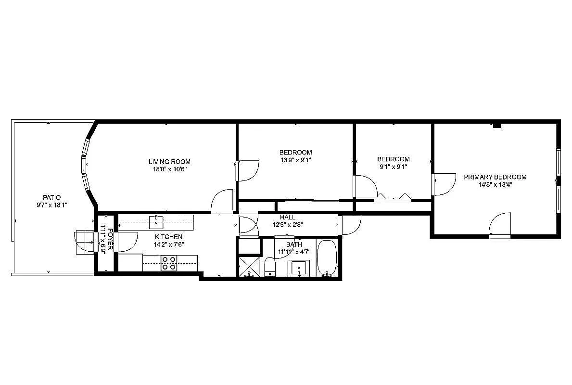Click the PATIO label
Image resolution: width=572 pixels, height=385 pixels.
point(51,197)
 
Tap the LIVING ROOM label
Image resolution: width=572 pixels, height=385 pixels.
point(169,162)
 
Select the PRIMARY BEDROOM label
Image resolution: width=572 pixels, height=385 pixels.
point(495,177)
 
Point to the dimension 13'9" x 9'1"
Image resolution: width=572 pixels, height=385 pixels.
point(296,160)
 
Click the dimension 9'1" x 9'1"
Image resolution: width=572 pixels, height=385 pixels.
point(393,167)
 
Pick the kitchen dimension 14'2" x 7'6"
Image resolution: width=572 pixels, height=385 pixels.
point(168,244)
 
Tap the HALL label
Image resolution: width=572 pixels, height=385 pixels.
point(288,217)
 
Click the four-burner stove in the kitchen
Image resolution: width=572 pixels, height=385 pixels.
point(168,263)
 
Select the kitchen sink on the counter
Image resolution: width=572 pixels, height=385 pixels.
point(156,222)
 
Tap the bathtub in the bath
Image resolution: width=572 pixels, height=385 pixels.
point(328,258)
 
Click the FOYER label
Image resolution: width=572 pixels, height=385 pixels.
point(111,239)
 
